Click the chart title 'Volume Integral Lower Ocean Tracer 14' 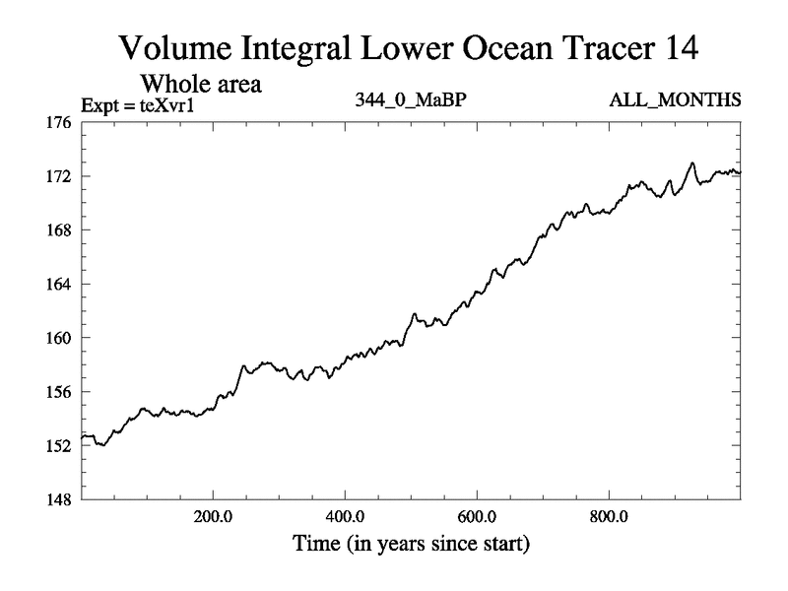pyautogui.click(x=408, y=47)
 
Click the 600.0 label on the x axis pyautogui.click(x=477, y=516)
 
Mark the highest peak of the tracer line pyautogui.click(x=692, y=164)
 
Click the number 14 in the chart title pyautogui.click(x=677, y=47)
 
